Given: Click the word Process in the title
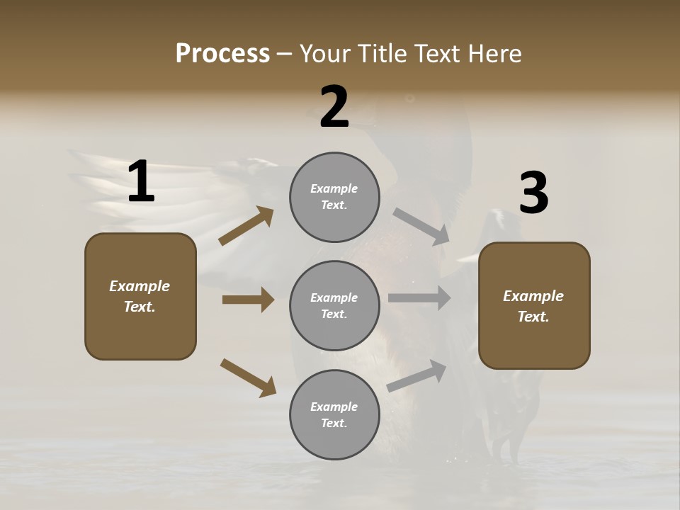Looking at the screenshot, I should click(222, 54).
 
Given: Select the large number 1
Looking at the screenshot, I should click(141, 181).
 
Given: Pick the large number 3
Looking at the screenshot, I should click(533, 193).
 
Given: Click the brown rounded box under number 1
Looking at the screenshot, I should click(140, 296).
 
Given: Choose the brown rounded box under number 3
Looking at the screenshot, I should click(534, 305).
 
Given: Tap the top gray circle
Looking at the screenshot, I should click(334, 197).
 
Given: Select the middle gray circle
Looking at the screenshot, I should click(334, 305).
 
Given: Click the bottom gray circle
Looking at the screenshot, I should click(334, 414).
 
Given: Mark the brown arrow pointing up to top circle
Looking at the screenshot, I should click(246, 226).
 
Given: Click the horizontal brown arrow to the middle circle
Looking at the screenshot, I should click(248, 300).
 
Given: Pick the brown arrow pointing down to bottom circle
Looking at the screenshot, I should click(248, 378).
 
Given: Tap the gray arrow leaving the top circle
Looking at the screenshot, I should click(421, 227).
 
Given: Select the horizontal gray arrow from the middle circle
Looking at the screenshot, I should click(419, 298).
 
